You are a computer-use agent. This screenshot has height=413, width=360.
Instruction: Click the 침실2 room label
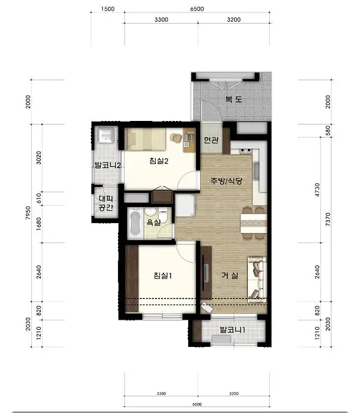point(159,160)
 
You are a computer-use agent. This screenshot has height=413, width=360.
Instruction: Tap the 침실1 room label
point(163,276)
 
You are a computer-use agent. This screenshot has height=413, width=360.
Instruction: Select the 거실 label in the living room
point(230,276)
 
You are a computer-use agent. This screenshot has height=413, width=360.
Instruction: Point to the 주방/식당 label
point(226,181)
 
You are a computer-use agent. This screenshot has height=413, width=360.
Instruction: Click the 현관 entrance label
point(211,140)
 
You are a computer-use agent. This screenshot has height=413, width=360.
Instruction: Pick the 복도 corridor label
point(234,99)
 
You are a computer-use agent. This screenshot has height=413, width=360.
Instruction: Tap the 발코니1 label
point(233,329)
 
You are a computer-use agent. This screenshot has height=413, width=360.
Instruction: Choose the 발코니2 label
point(107,165)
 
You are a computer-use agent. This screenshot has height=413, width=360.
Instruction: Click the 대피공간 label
point(106,203)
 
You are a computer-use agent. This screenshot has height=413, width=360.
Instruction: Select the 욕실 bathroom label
point(153,223)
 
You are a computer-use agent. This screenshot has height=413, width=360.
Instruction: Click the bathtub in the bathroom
point(135,224)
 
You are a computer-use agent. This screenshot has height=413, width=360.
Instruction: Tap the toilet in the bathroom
point(163,215)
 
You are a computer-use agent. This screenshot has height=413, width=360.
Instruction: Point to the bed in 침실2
point(145,139)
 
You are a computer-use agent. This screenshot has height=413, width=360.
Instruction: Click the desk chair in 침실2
point(176,137)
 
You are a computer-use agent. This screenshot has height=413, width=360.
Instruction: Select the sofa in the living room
point(257,280)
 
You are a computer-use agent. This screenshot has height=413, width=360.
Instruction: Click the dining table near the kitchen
point(254,224)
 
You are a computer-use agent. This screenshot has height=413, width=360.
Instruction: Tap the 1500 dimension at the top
point(107,9)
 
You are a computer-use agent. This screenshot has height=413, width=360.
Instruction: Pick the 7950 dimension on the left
point(28,213)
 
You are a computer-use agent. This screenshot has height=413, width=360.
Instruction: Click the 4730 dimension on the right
point(318,189)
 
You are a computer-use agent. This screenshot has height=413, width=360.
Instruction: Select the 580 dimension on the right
point(328,130)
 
